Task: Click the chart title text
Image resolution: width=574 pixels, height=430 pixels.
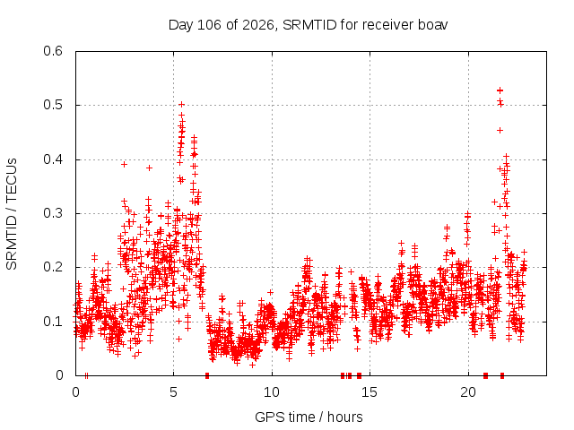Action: (308, 25)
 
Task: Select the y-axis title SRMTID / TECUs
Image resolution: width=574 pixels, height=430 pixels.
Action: (12, 214)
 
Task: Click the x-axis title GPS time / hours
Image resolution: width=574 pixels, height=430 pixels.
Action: (309, 417)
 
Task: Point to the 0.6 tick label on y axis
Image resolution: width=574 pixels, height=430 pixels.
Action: (53, 51)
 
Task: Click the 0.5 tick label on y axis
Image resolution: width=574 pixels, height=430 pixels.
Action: (53, 105)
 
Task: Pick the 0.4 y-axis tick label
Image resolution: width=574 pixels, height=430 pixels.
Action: (53, 159)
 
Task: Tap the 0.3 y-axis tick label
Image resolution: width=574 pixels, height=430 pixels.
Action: (53, 213)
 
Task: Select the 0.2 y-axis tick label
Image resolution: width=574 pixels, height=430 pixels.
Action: (53, 267)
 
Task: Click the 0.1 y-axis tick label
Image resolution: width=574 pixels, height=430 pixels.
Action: (53, 322)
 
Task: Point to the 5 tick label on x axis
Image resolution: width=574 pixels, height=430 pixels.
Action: (173, 392)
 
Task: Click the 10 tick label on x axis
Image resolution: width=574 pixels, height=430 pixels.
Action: (272, 392)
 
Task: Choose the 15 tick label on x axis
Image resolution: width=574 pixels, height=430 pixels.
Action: (370, 392)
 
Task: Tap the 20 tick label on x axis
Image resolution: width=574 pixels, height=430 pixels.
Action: (468, 392)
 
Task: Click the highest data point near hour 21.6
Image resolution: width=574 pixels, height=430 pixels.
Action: (500, 90)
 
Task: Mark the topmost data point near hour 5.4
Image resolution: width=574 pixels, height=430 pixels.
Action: (181, 105)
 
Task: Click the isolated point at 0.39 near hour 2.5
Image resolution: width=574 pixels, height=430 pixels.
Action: (124, 165)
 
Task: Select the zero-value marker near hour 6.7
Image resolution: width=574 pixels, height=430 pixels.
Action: (207, 375)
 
